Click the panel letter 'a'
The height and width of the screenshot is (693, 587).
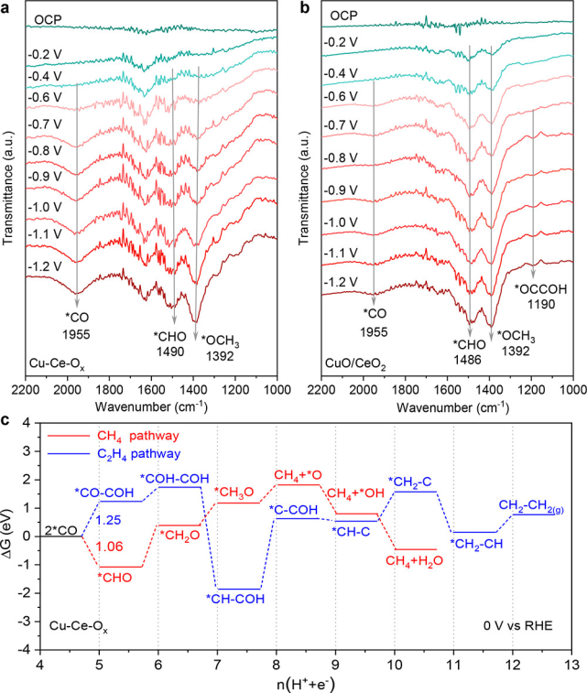(6, 7)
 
